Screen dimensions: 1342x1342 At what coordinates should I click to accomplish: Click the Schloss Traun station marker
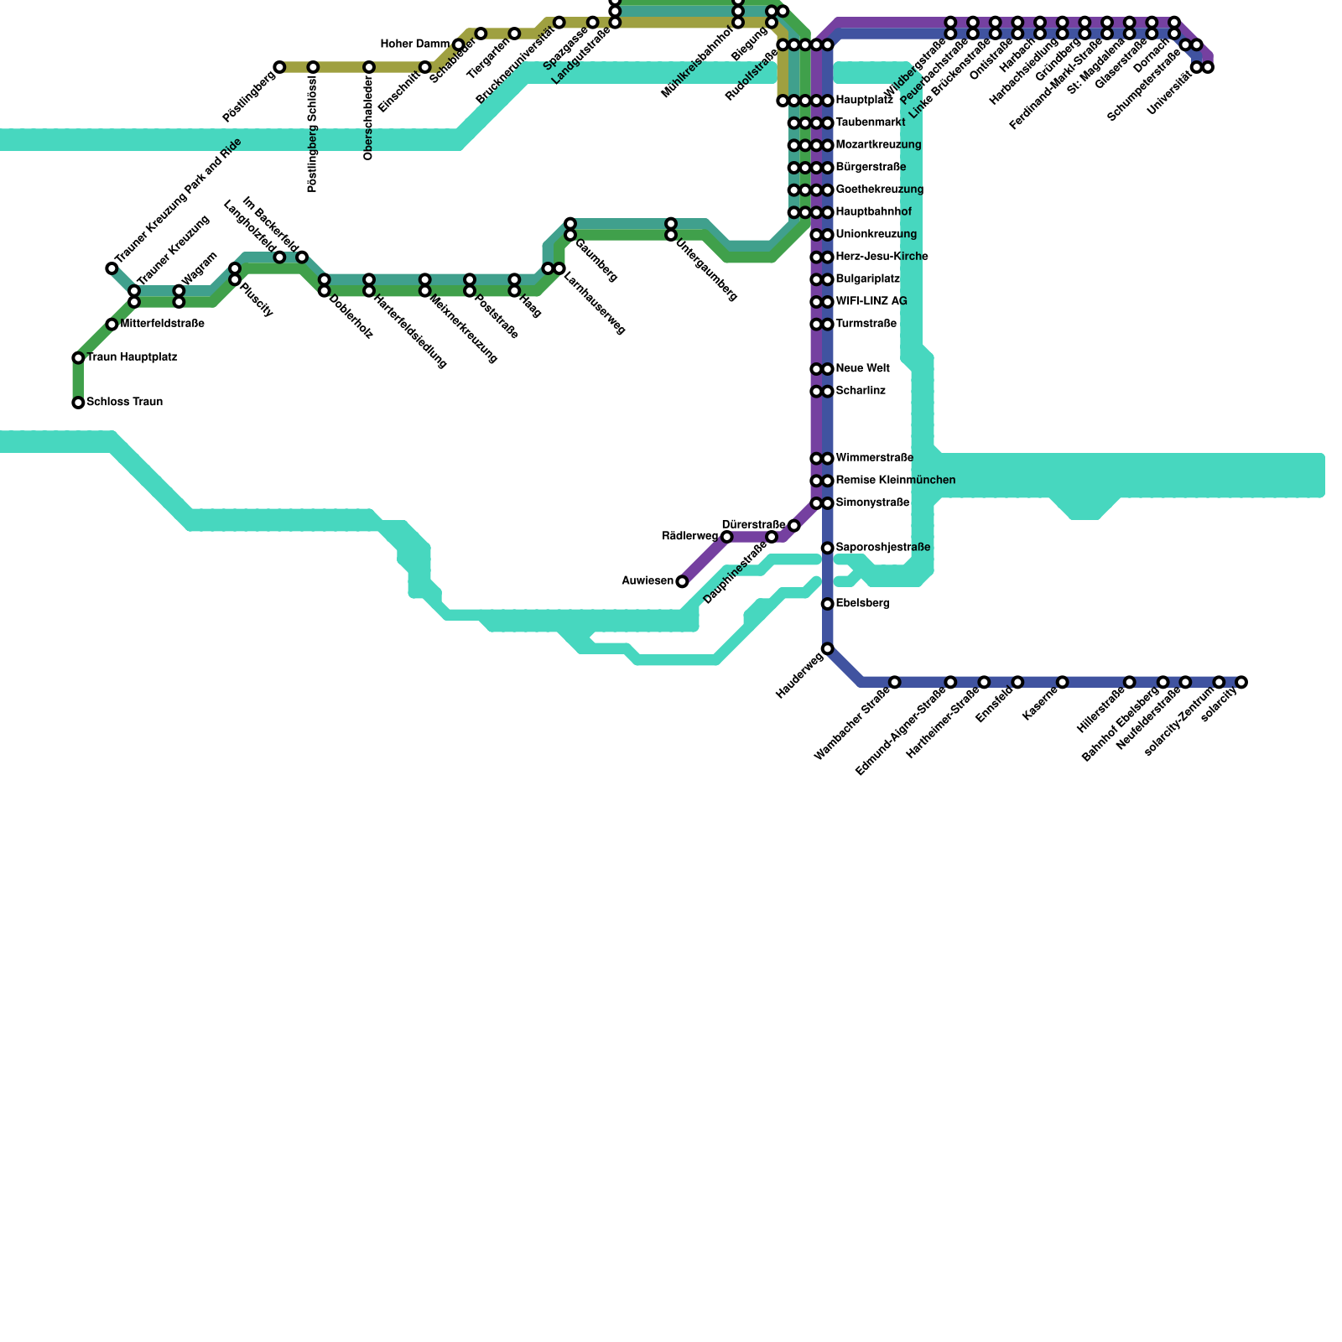(78, 403)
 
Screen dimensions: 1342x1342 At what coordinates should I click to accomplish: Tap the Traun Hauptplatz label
(132, 357)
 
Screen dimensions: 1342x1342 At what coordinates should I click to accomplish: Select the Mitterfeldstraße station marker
(112, 325)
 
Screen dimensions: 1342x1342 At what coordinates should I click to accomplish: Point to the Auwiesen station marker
(682, 581)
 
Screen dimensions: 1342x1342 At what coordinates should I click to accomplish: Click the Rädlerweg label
(689, 536)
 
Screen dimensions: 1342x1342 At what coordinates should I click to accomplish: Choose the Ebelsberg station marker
(827, 604)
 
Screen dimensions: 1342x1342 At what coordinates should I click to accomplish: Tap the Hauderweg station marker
(827, 648)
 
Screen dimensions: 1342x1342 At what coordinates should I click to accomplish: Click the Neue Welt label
(862, 369)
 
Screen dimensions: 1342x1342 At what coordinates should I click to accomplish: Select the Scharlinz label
(861, 391)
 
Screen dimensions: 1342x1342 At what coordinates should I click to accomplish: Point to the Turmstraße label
(866, 324)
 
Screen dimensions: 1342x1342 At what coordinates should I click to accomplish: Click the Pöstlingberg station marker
(279, 67)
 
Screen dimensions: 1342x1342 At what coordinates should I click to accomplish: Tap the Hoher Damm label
(414, 44)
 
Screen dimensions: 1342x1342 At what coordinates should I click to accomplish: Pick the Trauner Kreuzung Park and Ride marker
(112, 268)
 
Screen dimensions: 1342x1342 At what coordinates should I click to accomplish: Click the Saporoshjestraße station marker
(827, 548)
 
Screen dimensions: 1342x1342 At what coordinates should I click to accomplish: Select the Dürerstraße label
(753, 525)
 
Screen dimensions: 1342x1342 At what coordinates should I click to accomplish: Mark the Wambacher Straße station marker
(894, 682)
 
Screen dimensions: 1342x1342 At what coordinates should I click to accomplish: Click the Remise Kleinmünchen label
(895, 481)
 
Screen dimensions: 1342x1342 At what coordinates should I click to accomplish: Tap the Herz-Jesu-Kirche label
(882, 257)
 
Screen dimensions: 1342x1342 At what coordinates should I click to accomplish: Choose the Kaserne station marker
(1062, 682)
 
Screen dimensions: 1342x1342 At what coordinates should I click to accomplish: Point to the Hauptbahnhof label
(873, 212)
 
